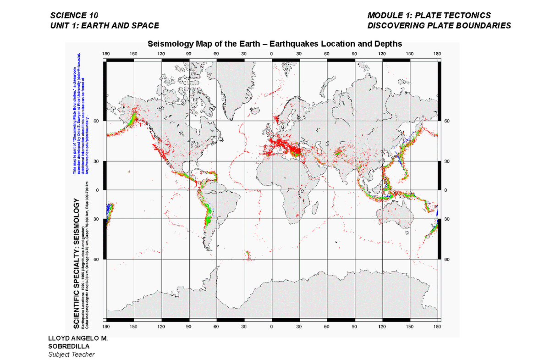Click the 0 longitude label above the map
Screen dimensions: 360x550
[x=272, y=54]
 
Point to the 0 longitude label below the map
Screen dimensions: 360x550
[x=272, y=327]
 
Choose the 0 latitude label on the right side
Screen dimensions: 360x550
[x=446, y=190]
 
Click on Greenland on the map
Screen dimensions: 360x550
[x=231, y=87]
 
